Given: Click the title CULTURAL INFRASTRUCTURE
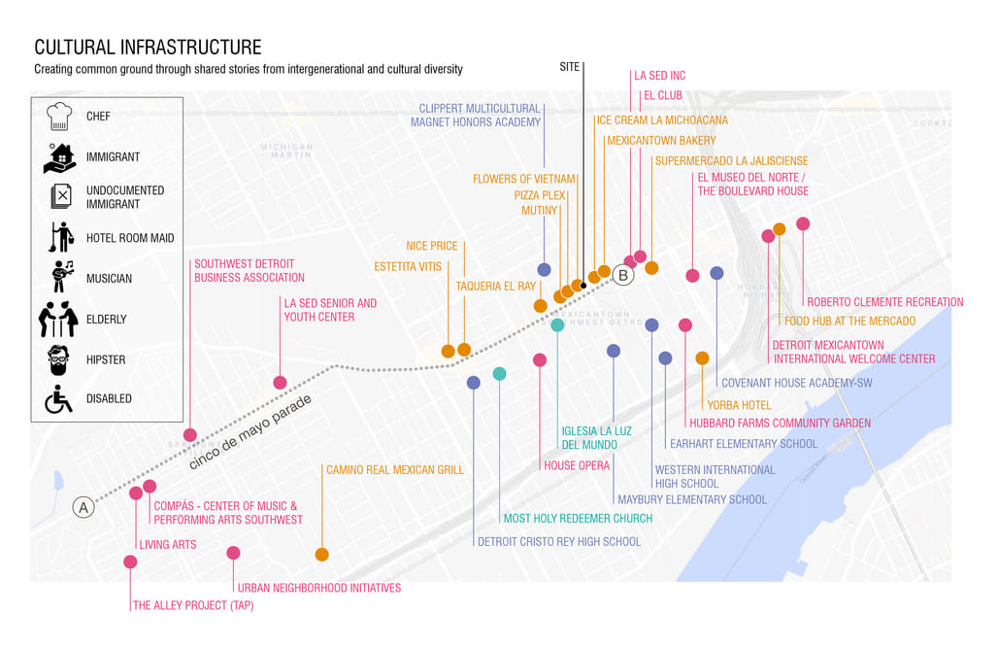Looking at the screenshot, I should pos(148,48).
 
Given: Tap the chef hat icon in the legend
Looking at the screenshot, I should pos(59,117).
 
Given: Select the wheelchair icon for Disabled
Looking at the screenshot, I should pos(59,398).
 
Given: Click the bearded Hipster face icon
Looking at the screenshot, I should pos(59,358).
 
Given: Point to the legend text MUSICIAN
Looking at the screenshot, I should pos(109,279).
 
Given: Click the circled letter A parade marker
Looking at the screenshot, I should pos(83,507).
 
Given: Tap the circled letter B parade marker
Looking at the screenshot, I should pos(623,276).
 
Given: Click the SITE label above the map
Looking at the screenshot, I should pos(570,67).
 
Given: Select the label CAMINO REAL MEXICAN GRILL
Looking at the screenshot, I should pos(395,470).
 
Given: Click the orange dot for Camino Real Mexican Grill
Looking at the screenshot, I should pos(322,555).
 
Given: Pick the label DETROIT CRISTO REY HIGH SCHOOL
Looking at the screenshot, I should pos(559,542).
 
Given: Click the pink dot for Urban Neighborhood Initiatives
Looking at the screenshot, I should pos(233,553).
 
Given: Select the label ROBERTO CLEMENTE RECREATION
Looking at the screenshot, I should pos(884,302).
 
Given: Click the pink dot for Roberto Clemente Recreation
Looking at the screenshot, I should pos(803,224).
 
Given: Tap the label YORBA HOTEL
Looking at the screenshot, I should pos(739,405).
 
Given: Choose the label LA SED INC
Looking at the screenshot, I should pos(659,76).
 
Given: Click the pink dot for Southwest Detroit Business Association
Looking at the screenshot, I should pos(190,435).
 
